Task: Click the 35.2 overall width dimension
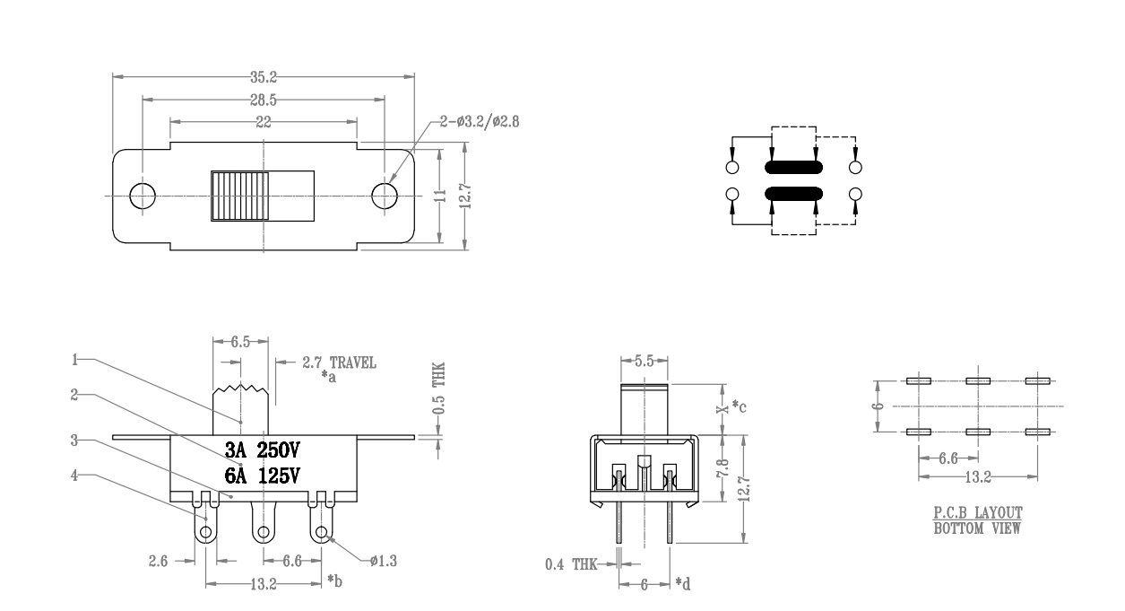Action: pyautogui.click(x=264, y=77)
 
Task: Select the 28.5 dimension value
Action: pyautogui.click(x=264, y=100)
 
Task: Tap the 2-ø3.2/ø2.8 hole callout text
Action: pyautogui.click(x=480, y=122)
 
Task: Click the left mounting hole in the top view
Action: pyautogui.click(x=143, y=196)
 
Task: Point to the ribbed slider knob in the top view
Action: pyautogui.click(x=240, y=196)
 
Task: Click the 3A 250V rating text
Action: pyautogui.click(x=262, y=450)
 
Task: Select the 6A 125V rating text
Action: pyautogui.click(x=262, y=476)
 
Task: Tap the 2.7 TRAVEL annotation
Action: pyautogui.click(x=339, y=362)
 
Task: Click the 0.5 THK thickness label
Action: pyautogui.click(x=439, y=388)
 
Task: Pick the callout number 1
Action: pyautogui.click(x=74, y=360)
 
